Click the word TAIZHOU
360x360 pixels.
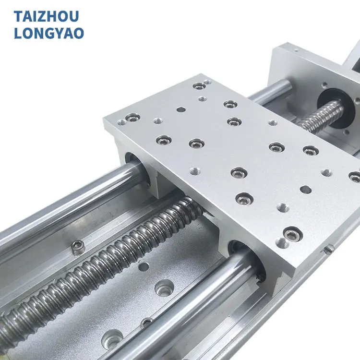pyautogui.click(x=46, y=16)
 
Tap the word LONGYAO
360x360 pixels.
pyautogui.click(x=49, y=33)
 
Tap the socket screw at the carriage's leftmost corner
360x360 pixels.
pyautogui.click(x=132, y=117)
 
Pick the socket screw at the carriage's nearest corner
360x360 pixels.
pyautogui.click(x=291, y=234)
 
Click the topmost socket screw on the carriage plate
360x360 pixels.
pyautogui.click(x=199, y=86)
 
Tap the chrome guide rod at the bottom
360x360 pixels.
pyautogui.click(x=192, y=307)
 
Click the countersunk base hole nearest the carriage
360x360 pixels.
pyautogui.click(x=164, y=288)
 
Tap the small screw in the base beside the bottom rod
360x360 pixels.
pyautogui.click(x=146, y=323)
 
